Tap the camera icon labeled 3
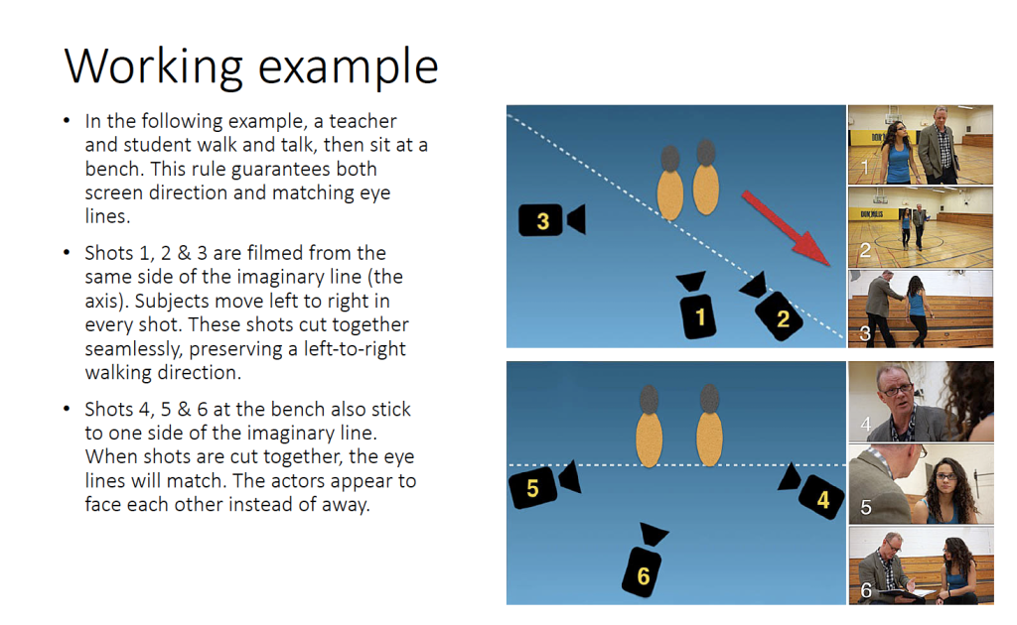pyautogui.click(x=552, y=219)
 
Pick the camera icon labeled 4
pyautogui.click(x=812, y=492)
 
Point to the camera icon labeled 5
pyautogui.click(x=543, y=484)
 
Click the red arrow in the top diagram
pyautogui.click(x=787, y=228)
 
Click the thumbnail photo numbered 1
pyautogui.click(x=921, y=145)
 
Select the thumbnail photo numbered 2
pyautogui.click(x=921, y=227)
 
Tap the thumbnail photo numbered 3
pyautogui.click(x=921, y=309)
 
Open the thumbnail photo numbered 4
pyautogui.click(x=921, y=402)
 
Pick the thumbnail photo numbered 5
pyautogui.click(x=921, y=484)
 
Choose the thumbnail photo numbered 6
pyautogui.click(x=921, y=565)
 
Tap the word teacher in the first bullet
pyautogui.click(x=363, y=121)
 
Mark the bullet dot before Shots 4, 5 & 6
pyautogui.click(x=67, y=409)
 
